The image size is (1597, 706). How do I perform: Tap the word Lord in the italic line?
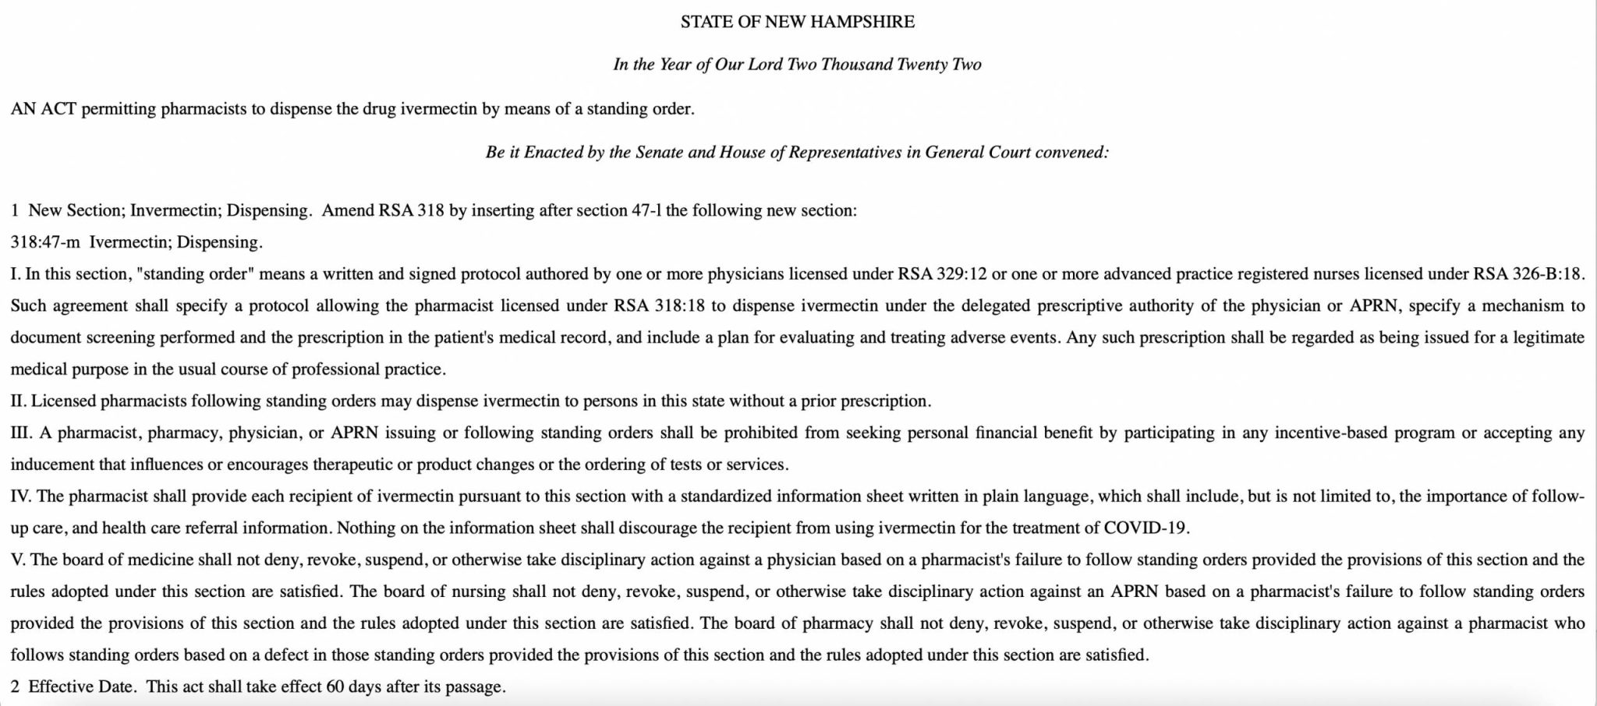[x=766, y=65]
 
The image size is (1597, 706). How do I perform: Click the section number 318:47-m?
[x=45, y=242]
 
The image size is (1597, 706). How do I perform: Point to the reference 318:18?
[x=679, y=306]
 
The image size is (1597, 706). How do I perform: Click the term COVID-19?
[x=1146, y=528]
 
